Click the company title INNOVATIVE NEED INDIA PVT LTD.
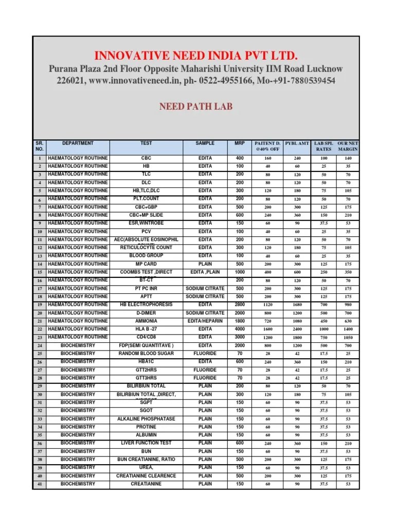(x=195, y=56)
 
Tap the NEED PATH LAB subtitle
(x=195, y=107)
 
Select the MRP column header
(x=240, y=143)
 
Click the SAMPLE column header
(x=205, y=143)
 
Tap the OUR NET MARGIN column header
(x=348, y=146)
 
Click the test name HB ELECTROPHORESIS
(x=146, y=305)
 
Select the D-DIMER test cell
(x=146, y=313)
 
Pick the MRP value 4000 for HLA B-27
(x=240, y=329)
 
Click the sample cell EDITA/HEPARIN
(x=205, y=321)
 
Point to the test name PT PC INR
(x=146, y=288)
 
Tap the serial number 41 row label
(x=39, y=484)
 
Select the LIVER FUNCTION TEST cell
(x=146, y=443)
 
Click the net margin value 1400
(x=348, y=329)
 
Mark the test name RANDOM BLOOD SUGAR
(x=146, y=354)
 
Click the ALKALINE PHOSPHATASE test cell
(x=146, y=419)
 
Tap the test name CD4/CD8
(x=146, y=337)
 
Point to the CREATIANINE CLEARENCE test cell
(x=146, y=476)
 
